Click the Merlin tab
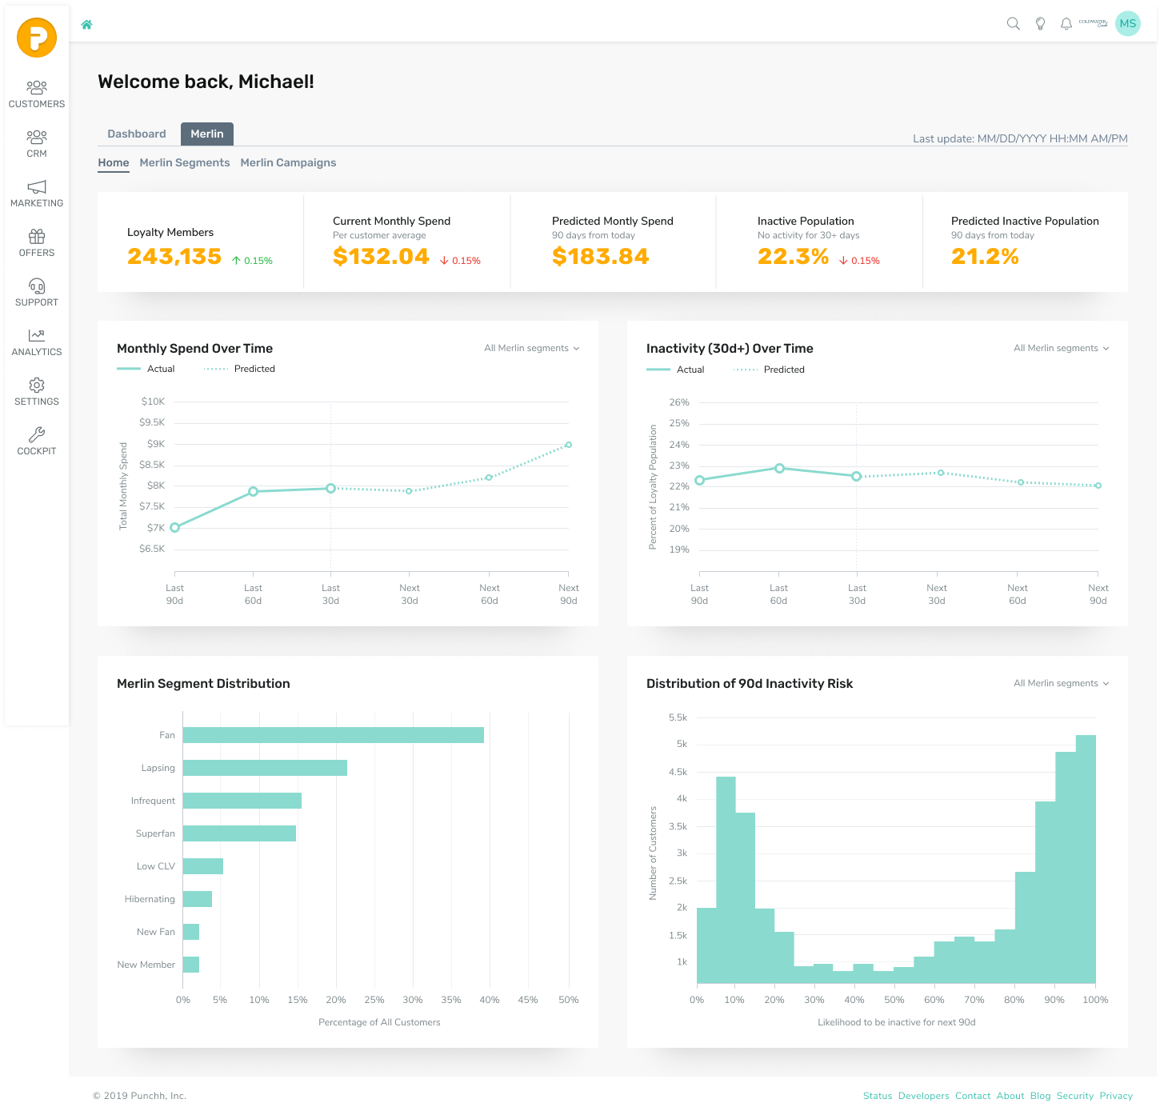(x=206, y=134)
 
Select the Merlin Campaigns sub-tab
(x=288, y=162)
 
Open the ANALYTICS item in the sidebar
(x=37, y=342)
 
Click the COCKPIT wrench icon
(x=37, y=434)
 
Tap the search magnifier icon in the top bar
(x=1013, y=24)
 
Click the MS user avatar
(x=1127, y=24)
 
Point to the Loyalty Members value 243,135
(x=174, y=257)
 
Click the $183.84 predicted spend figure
(x=600, y=257)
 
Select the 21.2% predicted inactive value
(x=984, y=257)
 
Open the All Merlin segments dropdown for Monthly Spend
(x=531, y=348)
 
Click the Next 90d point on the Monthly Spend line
(x=569, y=445)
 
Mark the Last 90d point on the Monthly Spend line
(x=175, y=527)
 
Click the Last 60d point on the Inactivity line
(x=779, y=469)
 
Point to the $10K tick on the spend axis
(x=153, y=402)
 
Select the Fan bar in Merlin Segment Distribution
(x=333, y=735)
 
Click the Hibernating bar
(x=197, y=899)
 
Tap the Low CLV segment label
(x=155, y=866)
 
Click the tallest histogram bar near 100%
(x=1086, y=859)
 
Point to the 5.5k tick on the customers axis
(x=678, y=717)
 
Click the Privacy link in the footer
(x=1115, y=1096)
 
